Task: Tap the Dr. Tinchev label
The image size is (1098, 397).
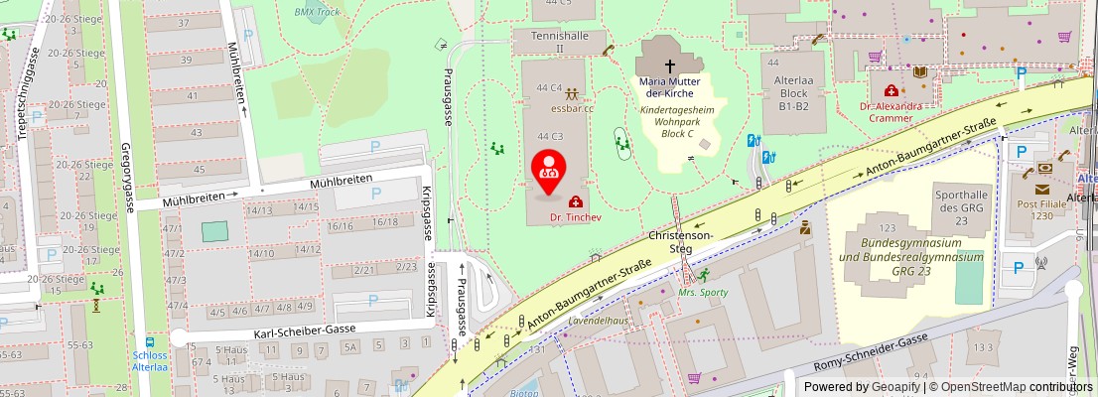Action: (569, 215)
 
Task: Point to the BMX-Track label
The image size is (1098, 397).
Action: (317, 12)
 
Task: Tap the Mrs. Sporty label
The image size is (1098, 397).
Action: (703, 293)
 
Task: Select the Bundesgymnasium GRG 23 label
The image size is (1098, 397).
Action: (911, 256)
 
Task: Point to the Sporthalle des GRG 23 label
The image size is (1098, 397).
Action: (961, 201)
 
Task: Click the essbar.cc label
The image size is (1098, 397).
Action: (572, 108)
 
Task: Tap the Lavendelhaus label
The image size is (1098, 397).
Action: (598, 322)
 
